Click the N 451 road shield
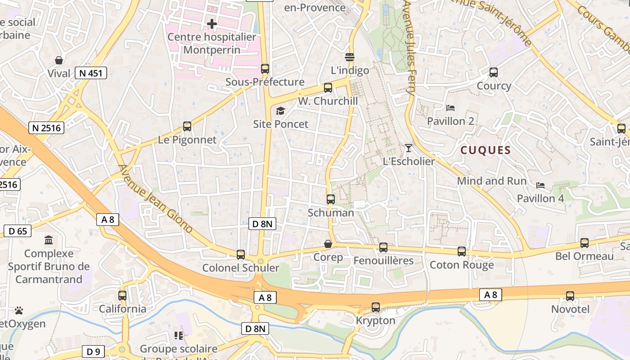pos(90,73)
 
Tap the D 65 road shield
pos(18,231)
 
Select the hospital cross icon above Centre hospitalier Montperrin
pos(212,23)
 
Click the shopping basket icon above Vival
pos(59,60)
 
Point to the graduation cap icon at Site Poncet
pos(280,111)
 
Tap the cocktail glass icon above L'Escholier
pos(408,148)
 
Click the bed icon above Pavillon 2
pos(450,108)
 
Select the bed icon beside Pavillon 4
pos(540,185)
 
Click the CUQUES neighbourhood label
pos(486,150)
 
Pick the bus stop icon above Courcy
pos(494,72)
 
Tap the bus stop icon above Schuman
pos(331,199)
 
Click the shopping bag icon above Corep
pos(328,244)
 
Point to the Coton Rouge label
pos(462,265)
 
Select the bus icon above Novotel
pos(570,296)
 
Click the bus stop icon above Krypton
pos(376,307)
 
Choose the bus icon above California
pos(122,296)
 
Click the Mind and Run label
pos(491,181)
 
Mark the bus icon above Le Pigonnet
pos(187,126)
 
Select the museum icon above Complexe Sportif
pos(48,240)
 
